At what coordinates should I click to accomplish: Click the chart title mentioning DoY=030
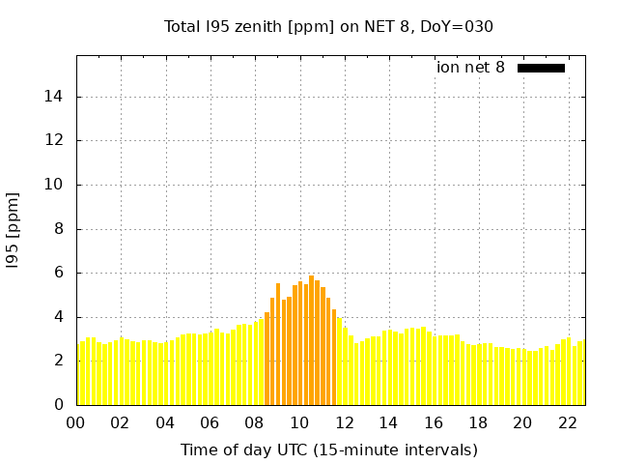[x=328, y=26]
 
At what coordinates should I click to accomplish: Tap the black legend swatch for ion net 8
[x=541, y=68]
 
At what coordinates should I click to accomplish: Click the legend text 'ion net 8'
[x=470, y=68]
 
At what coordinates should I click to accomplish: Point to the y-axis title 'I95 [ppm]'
[x=14, y=229]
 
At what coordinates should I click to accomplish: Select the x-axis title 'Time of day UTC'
[x=328, y=449]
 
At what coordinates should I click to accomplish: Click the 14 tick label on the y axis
[x=56, y=97]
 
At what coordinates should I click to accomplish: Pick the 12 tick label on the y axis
[x=56, y=140]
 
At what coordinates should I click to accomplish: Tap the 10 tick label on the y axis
[x=56, y=185]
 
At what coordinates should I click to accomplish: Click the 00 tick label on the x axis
[x=76, y=422]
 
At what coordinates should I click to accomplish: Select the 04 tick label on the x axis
[x=165, y=422]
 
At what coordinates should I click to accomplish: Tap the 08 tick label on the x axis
[x=255, y=422]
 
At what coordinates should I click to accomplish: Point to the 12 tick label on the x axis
[x=344, y=422]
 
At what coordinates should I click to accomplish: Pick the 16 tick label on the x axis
[x=434, y=422]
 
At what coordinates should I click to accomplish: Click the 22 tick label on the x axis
[x=568, y=422]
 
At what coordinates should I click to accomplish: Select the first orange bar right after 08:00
[x=267, y=358]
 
